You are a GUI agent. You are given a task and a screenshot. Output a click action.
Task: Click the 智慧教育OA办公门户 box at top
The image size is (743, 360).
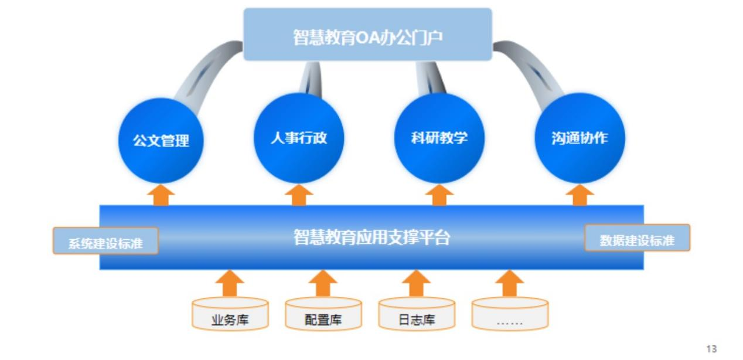[367, 35]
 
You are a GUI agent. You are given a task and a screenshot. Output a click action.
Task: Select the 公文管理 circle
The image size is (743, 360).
[161, 141]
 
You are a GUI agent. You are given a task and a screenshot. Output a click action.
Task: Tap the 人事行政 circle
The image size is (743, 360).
[298, 138]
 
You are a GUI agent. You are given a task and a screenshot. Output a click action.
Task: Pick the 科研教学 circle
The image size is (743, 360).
[439, 138]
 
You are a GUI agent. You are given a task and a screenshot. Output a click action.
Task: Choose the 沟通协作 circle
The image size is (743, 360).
[580, 138]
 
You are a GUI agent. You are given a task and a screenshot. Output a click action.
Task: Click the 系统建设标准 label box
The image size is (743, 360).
[105, 241]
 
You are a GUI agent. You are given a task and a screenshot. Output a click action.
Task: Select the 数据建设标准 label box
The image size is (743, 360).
[637, 238]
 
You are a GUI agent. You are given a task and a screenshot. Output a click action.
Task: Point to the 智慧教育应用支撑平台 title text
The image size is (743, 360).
[371, 237]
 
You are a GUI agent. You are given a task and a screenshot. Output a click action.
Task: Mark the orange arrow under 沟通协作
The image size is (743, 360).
[580, 195]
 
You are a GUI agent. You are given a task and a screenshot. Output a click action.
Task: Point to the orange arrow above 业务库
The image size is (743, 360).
[230, 283]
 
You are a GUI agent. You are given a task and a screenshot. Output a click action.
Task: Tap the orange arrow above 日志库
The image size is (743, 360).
[416, 283]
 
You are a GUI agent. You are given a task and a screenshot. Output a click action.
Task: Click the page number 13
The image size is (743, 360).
[711, 349]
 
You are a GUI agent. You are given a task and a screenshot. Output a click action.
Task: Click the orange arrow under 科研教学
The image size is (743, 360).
[439, 195]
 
